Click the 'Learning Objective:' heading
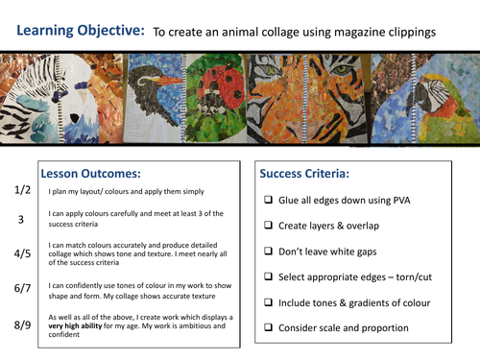click(81, 30)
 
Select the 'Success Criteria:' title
click(306, 175)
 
